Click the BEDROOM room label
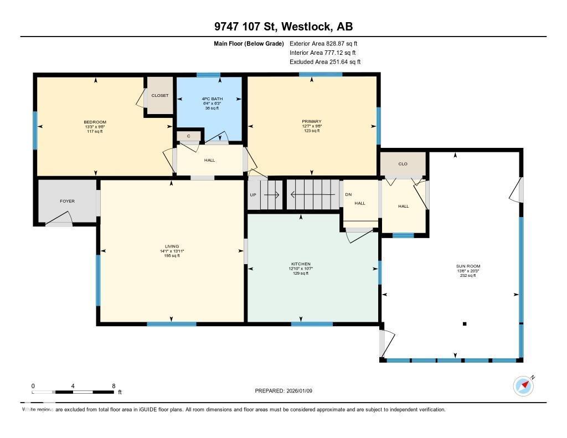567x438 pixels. tap(95, 122)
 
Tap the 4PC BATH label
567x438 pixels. tap(209, 99)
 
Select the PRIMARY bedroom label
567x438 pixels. tap(312, 121)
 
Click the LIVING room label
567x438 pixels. tap(172, 246)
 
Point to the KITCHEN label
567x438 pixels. tap(301, 264)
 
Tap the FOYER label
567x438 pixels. tap(67, 201)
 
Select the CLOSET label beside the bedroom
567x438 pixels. tap(160, 95)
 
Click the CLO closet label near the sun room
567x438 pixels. tap(403, 164)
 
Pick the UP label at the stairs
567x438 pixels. tap(253, 195)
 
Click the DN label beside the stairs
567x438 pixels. tap(348, 195)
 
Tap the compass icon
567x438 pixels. tap(523, 385)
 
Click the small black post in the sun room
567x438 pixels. tap(465, 324)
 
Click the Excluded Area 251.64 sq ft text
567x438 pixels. tap(325, 62)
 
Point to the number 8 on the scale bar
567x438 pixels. tap(114, 386)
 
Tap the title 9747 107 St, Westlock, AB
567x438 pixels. tap(283, 27)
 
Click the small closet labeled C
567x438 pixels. tap(189, 136)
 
